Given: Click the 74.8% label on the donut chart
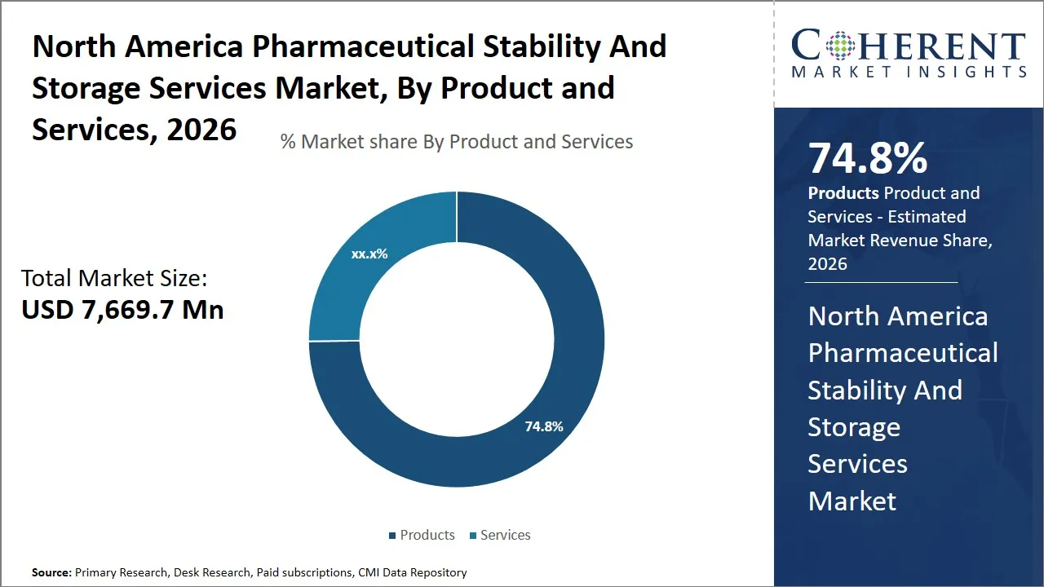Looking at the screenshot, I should coord(544,426).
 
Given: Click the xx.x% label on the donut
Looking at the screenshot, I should coord(369,254).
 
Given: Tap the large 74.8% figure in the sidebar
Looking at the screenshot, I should coord(867,158).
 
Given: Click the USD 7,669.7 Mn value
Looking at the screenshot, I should coord(122,309).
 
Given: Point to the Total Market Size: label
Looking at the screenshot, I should coord(114,279).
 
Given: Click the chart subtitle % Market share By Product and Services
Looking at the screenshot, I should coord(457,142).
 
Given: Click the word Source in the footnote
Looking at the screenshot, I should coord(51,573).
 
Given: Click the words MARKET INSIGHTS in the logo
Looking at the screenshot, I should coord(909,72).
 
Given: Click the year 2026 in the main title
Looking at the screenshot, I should coord(201,129).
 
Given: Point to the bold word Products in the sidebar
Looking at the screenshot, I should coord(843,193).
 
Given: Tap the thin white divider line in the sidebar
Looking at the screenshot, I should coord(881,282).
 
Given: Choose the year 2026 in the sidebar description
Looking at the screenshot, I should coord(827,264).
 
